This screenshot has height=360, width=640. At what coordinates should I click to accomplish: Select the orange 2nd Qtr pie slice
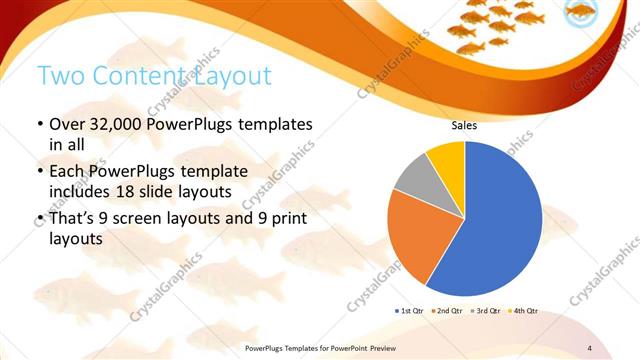(x=410, y=235)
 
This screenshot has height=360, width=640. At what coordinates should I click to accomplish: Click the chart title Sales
(x=464, y=126)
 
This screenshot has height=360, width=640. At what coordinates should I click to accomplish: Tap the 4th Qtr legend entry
(x=524, y=312)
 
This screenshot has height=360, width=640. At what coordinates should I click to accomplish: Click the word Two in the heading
(x=59, y=75)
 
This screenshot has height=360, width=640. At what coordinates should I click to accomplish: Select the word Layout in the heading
(x=234, y=75)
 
